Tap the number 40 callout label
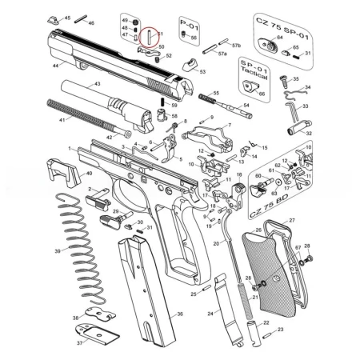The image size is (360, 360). tap(90, 174)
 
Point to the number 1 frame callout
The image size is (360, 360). tap(70, 148)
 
